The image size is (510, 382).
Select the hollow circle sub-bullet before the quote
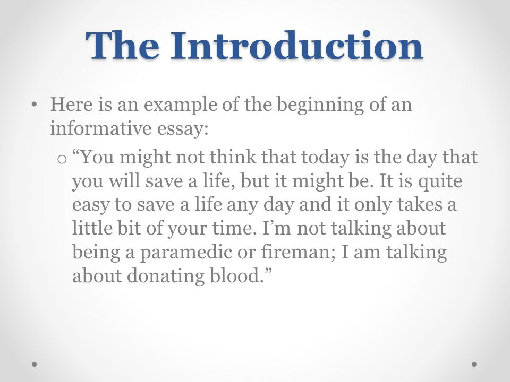(62, 160)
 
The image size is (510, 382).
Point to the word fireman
(298, 251)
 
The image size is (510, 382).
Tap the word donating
(166, 276)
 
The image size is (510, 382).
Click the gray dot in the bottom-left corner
(34, 364)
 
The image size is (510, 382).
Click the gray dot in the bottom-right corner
(474, 364)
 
